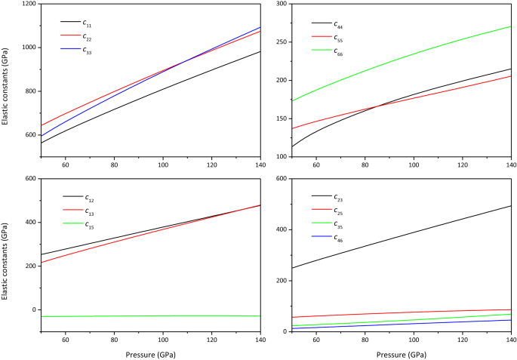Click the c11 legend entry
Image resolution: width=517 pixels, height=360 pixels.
point(88,23)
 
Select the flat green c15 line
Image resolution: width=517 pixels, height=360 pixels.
point(151,316)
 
